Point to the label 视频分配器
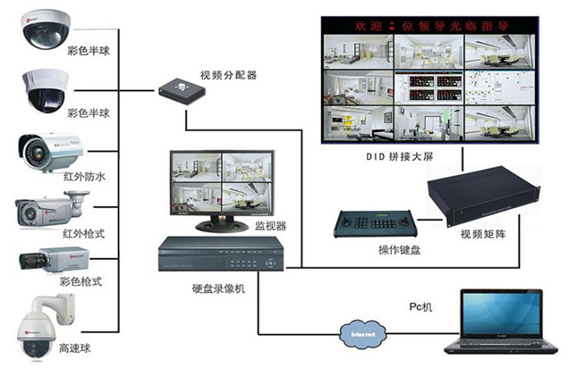(228, 75)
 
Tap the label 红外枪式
(84, 233)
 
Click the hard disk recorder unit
(220, 255)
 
